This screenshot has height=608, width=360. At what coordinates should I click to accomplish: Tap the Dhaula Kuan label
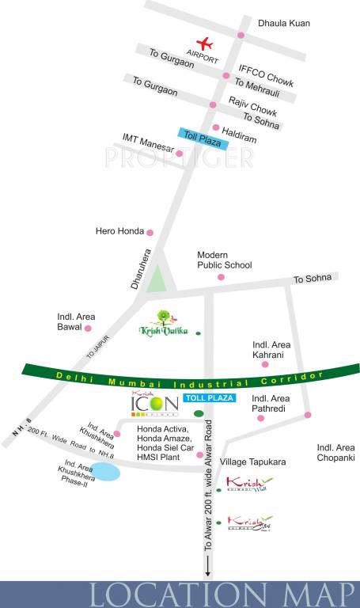[283, 24]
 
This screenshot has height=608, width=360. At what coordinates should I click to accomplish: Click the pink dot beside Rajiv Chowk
[212, 104]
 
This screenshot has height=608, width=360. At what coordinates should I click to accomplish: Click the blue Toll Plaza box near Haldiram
[203, 139]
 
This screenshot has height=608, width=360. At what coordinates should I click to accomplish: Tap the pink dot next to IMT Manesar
[179, 153]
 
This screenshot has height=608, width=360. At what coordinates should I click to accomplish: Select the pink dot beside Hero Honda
[150, 232]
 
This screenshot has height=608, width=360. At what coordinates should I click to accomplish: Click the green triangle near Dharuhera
[158, 279]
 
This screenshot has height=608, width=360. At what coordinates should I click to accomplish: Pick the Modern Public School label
[225, 260]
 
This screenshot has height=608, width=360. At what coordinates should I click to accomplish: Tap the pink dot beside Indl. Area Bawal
[89, 327]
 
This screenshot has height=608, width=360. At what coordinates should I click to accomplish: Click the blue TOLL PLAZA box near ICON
[209, 397]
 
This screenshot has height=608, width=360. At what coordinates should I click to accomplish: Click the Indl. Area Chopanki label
[336, 452]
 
